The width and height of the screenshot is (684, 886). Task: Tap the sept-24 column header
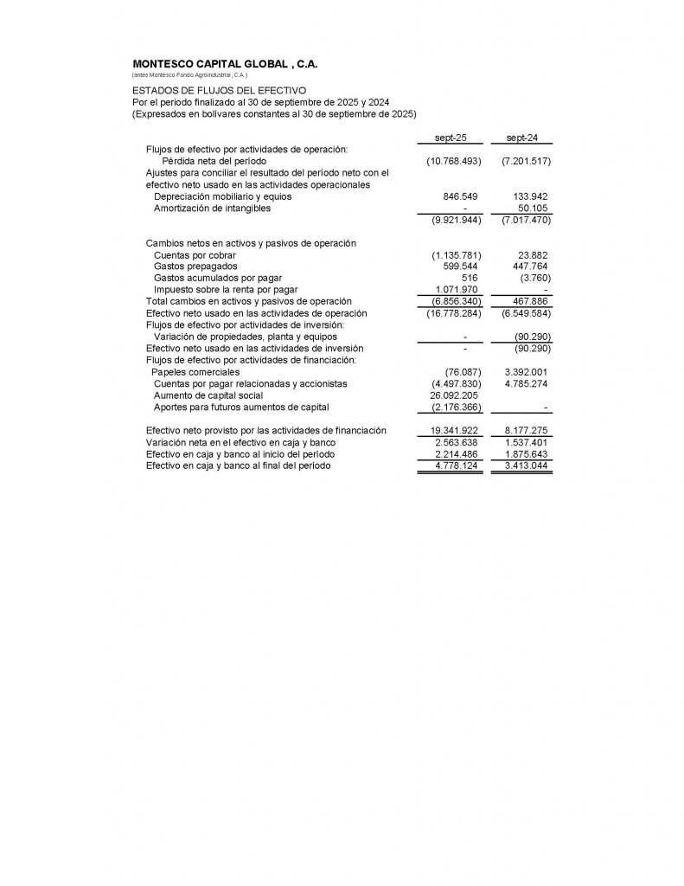pyautogui.click(x=522, y=138)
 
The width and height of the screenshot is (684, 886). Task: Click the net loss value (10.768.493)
pyautogui.click(x=454, y=162)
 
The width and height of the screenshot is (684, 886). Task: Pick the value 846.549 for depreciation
pyautogui.click(x=460, y=196)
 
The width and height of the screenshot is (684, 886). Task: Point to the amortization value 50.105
pyautogui.click(x=532, y=208)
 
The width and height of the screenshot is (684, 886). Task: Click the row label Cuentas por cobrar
pyautogui.click(x=195, y=255)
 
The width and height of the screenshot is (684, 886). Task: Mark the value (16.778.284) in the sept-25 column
pyautogui.click(x=454, y=313)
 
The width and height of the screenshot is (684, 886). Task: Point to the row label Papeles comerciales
pyautogui.click(x=195, y=372)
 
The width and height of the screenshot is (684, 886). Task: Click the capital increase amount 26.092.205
pyautogui.click(x=456, y=395)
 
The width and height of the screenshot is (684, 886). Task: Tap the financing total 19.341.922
pyautogui.click(x=455, y=430)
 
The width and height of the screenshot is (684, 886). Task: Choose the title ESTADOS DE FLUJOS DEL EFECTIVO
pyautogui.click(x=220, y=90)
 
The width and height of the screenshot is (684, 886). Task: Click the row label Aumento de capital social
pyautogui.click(x=208, y=395)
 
